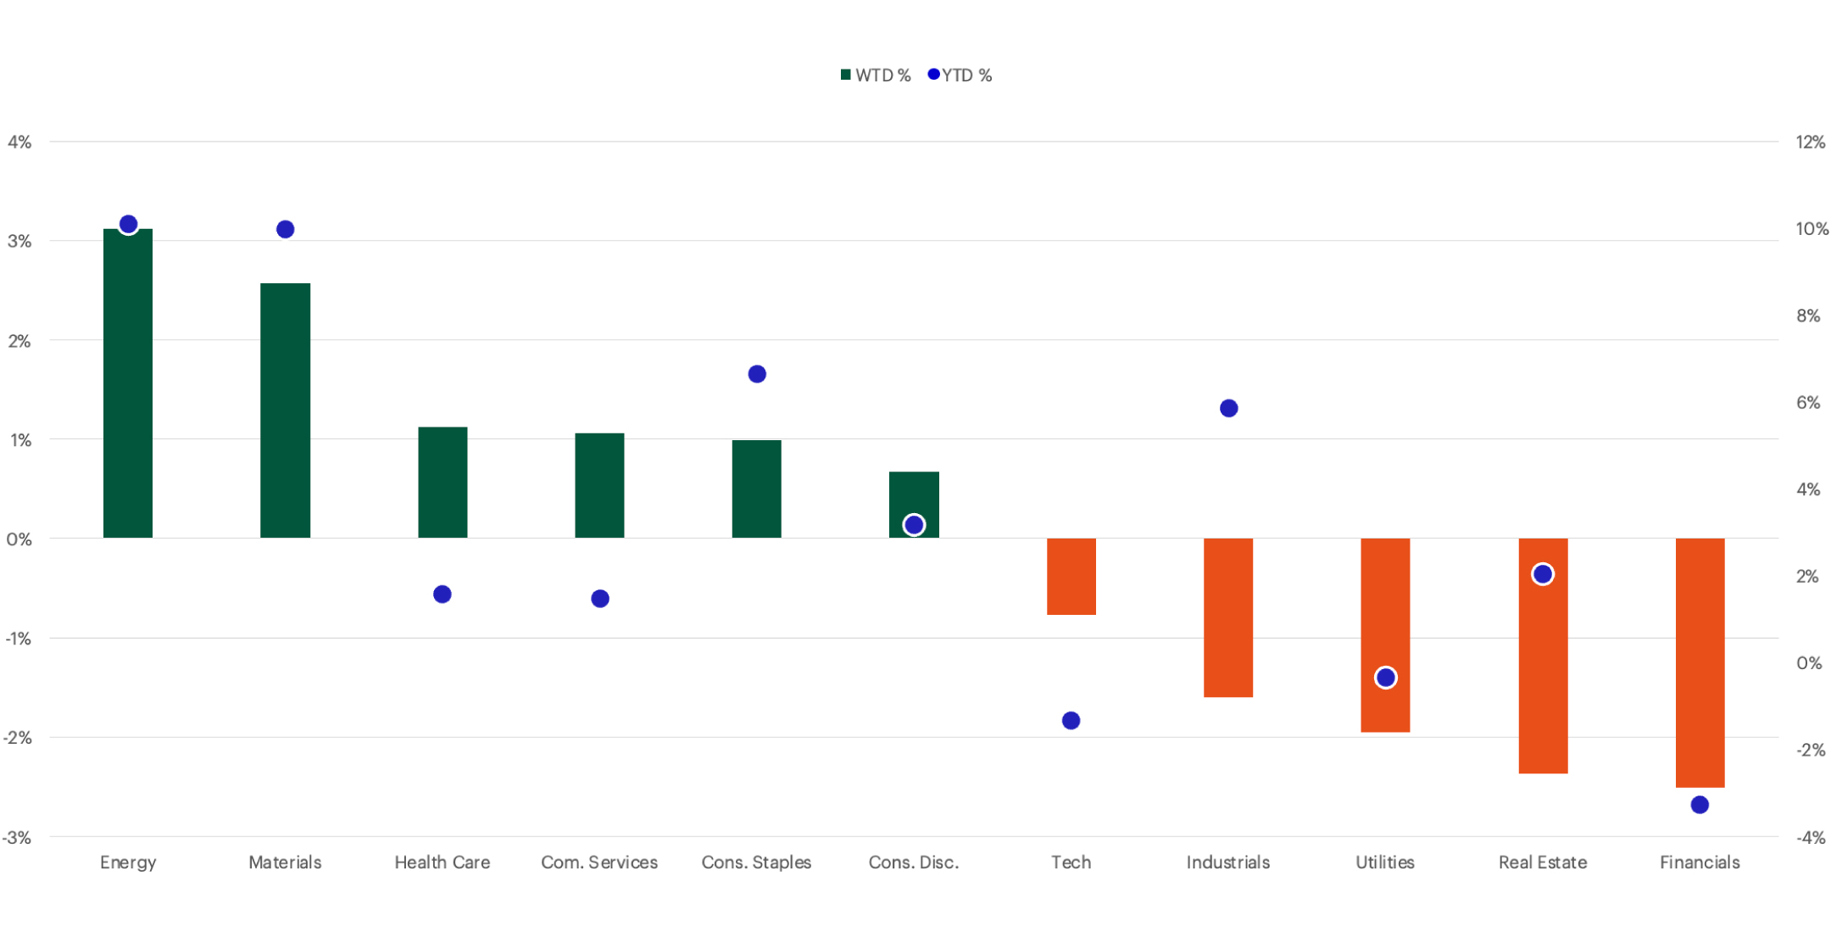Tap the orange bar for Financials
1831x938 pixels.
(x=1700, y=662)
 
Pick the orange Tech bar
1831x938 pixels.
(x=1071, y=576)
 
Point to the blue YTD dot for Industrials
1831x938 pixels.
(x=1228, y=409)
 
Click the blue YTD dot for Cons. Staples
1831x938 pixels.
(x=757, y=374)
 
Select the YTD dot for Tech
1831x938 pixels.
(x=1071, y=721)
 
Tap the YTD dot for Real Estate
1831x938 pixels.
(x=1543, y=574)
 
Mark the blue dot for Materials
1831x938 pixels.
(x=285, y=229)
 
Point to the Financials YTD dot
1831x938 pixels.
(x=1700, y=805)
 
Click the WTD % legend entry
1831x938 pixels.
(x=876, y=75)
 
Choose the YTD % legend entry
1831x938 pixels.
(x=960, y=75)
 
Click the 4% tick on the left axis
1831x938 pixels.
(x=19, y=142)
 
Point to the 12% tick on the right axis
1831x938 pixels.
(x=1810, y=142)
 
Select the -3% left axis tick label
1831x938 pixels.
(x=17, y=838)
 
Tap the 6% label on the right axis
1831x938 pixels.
(x=1808, y=403)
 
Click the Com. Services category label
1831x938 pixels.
(x=599, y=863)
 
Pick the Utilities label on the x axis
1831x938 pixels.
(x=1385, y=863)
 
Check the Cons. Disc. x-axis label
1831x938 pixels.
(x=914, y=863)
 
